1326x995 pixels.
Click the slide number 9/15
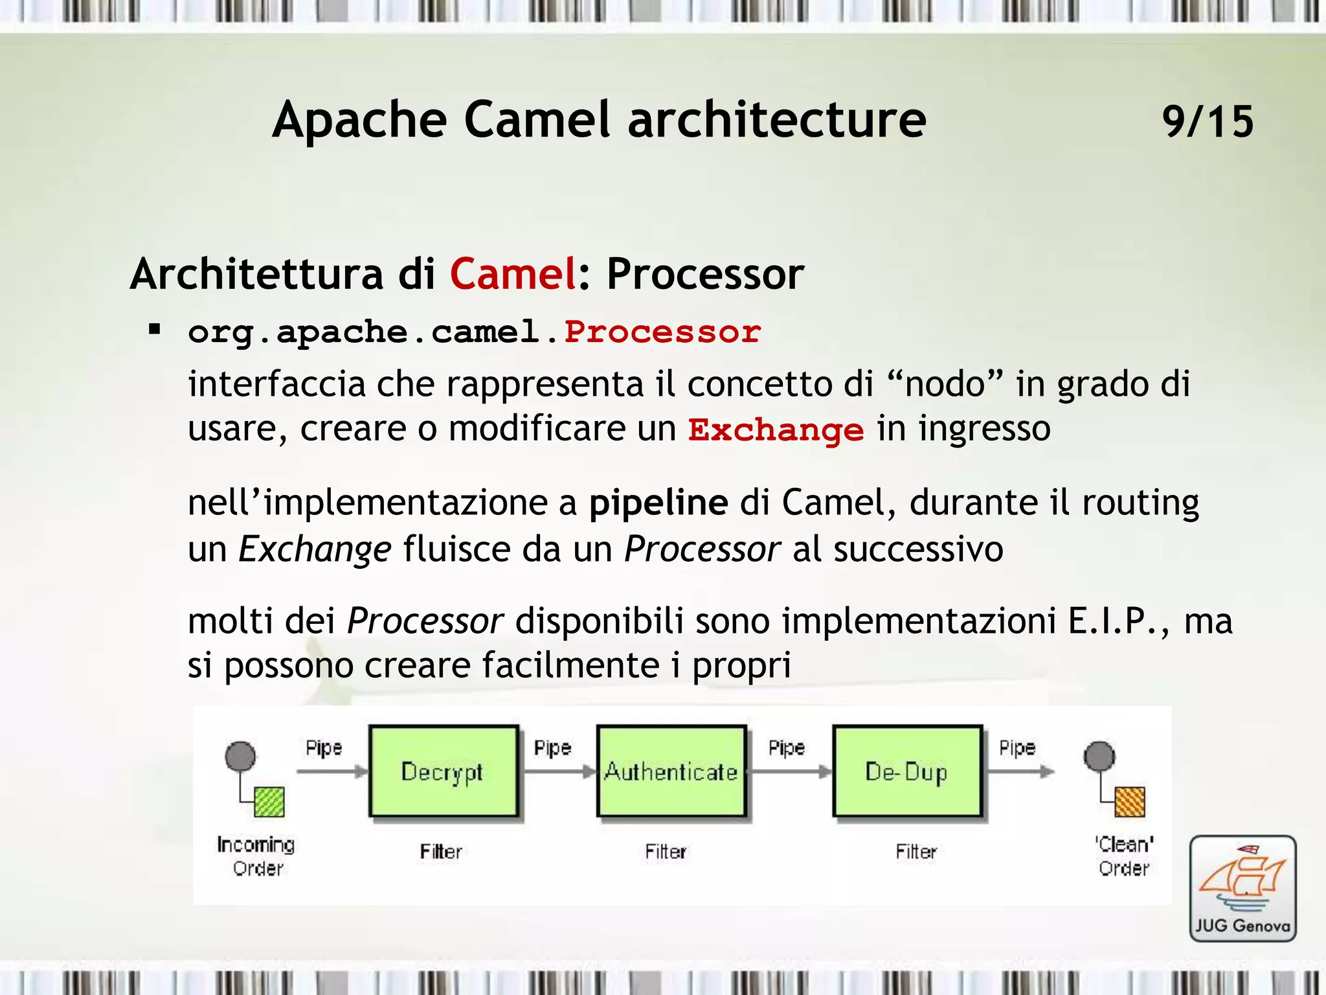[1208, 121]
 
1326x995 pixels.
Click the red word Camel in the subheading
[513, 273]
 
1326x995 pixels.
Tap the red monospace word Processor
[662, 332]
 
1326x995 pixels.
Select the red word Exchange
[776, 430]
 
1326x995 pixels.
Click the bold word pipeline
[658, 503]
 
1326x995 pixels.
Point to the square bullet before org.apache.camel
[154, 330]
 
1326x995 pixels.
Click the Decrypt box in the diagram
[444, 771]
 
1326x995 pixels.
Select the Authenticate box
[671, 771]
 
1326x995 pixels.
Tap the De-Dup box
[907, 771]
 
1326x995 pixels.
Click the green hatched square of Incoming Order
[269, 801]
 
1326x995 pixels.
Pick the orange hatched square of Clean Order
[1130, 802]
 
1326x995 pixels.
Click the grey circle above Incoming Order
[240, 756]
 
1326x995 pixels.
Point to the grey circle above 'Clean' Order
[1099, 756]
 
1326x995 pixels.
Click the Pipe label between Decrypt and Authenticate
[552, 748]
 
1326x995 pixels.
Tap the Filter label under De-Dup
[916, 851]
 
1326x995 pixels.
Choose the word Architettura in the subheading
[257, 273]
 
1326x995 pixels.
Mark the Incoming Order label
[256, 856]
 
